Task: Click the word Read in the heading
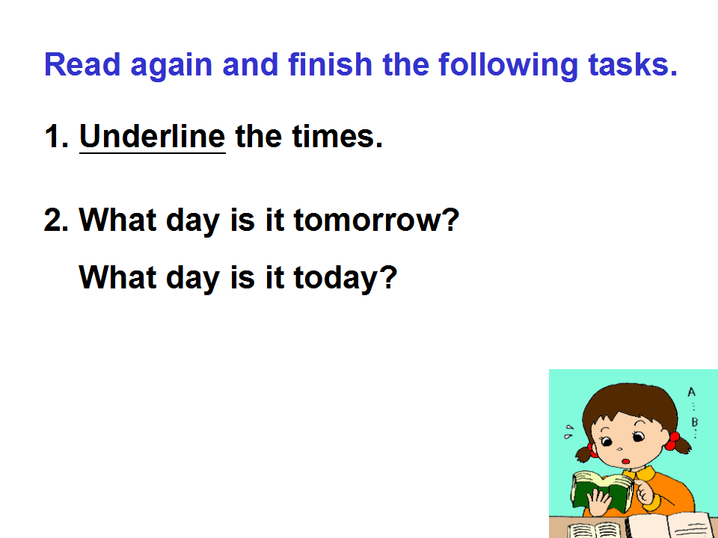(x=82, y=64)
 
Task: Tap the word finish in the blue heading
(x=330, y=64)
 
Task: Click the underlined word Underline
(x=153, y=137)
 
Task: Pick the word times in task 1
(x=333, y=136)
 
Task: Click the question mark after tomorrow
(x=450, y=220)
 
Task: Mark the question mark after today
(x=388, y=276)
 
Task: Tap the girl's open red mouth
(x=626, y=461)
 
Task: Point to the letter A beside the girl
(x=691, y=392)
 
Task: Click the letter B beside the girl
(x=695, y=421)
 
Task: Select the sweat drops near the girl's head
(x=568, y=431)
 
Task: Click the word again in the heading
(x=171, y=67)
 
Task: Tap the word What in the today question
(x=117, y=276)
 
